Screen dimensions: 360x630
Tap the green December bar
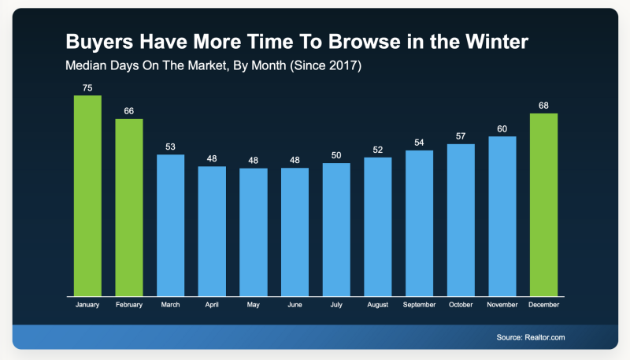(543, 205)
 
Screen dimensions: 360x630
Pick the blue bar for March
(170, 225)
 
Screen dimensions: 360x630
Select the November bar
(502, 217)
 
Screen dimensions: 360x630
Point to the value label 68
(543, 106)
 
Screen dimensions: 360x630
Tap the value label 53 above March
(170, 147)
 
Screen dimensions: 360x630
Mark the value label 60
(502, 128)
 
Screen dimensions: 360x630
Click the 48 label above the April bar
(212, 158)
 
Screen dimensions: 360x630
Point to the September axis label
(419, 304)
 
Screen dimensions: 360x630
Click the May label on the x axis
(254, 304)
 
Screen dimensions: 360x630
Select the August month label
(378, 304)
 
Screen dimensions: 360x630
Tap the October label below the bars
(461, 304)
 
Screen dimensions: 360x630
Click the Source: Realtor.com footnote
(531, 337)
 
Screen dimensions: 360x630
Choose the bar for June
(295, 232)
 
